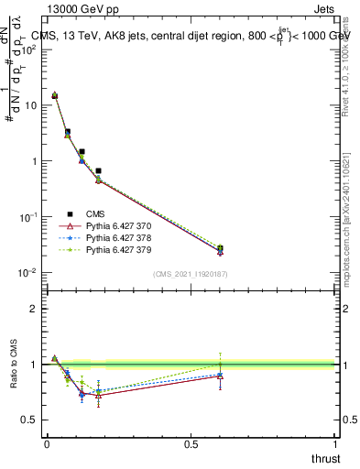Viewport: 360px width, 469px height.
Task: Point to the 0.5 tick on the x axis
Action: [x=191, y=444]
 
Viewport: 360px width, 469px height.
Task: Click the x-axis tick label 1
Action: [x=336, y=444]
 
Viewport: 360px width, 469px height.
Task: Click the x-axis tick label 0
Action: [x=47, y=444]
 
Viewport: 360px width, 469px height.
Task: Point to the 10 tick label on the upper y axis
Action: [x=29, y=105]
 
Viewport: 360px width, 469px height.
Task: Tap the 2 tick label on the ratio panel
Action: [x=34, y=309]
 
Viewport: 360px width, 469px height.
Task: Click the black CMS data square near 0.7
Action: [x=98, y=170]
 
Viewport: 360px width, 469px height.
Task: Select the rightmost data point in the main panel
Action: [x=220, y=249]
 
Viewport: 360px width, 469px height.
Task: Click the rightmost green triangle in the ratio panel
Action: [x=220, y=364]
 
